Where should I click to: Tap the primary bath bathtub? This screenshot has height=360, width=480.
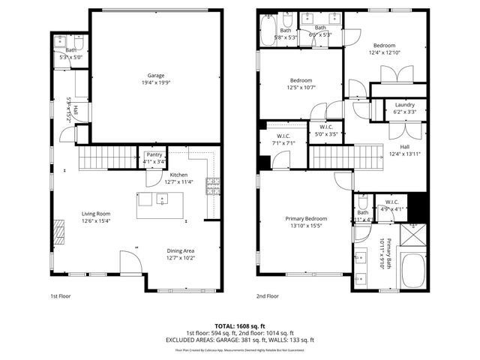pos(412,271)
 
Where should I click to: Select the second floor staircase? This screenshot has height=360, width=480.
pos(331,157)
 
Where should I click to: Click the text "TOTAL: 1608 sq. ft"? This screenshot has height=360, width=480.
pos(240,326)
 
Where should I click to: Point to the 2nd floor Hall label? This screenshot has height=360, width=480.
pos(404,150)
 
